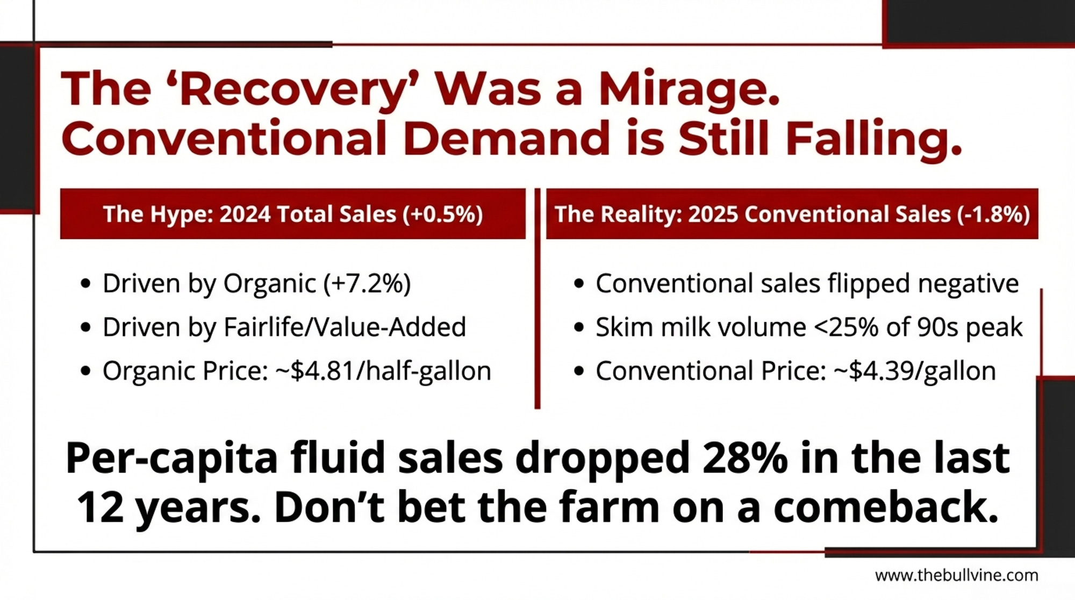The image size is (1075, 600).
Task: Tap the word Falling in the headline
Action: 873,139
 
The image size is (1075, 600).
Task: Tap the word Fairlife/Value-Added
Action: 345,327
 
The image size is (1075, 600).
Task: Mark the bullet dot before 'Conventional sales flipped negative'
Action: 578,284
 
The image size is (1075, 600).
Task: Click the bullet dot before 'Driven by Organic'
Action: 85,284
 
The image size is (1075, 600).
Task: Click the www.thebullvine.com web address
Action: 956,575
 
